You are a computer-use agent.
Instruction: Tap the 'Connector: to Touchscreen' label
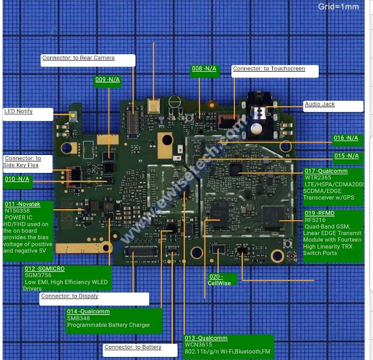pos(269,69)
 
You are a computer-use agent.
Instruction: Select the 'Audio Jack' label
pos(319,104)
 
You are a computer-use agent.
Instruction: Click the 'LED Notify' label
pos(19,111)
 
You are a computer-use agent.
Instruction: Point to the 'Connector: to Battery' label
pos(132,347)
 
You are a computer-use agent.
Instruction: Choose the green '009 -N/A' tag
pos(107,79)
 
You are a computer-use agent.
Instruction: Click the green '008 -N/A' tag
pos(204,69)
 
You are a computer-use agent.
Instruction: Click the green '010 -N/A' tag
pos(17,179)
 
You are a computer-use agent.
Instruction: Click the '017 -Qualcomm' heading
pos(326,171)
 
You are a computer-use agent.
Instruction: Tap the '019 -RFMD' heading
pos(319,214)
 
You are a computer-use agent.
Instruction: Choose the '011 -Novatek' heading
pos(23,204)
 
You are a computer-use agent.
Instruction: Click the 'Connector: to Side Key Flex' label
pos(23,162)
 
